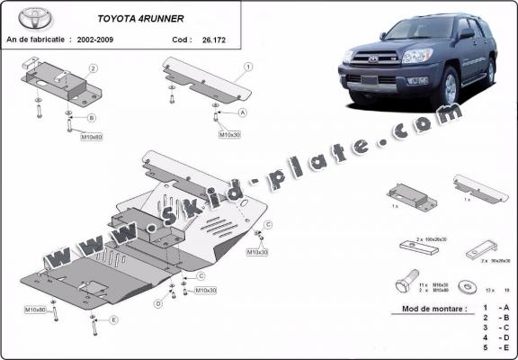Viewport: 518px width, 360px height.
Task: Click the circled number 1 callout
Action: [x=248, y=67]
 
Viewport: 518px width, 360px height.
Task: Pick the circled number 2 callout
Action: [x=94, y=68]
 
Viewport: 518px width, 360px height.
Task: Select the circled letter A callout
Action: [x=243, y=113]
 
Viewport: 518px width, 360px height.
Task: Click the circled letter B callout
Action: [x=92, y=119]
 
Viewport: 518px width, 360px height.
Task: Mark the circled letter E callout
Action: [x=114, y=319]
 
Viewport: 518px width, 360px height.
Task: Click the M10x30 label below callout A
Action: [x=229, y=134]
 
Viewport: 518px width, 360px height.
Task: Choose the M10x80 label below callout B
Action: [x=92, y=138]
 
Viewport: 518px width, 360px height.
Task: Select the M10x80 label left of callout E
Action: [x=35, y=310]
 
